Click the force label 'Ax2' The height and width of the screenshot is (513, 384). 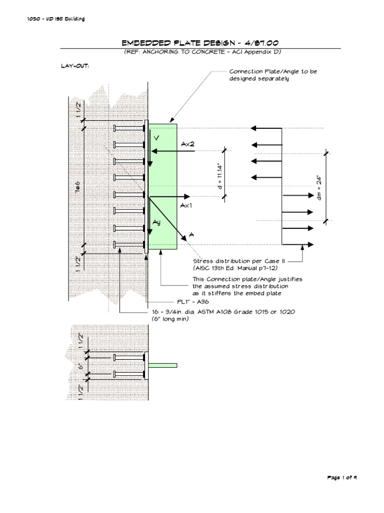pyautogui.click(x=188, y=144)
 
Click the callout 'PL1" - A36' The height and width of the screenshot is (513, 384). pyautogui.click(x=189, y=302)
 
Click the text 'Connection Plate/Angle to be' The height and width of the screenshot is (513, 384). pyautogui.click(x=273, y=72)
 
